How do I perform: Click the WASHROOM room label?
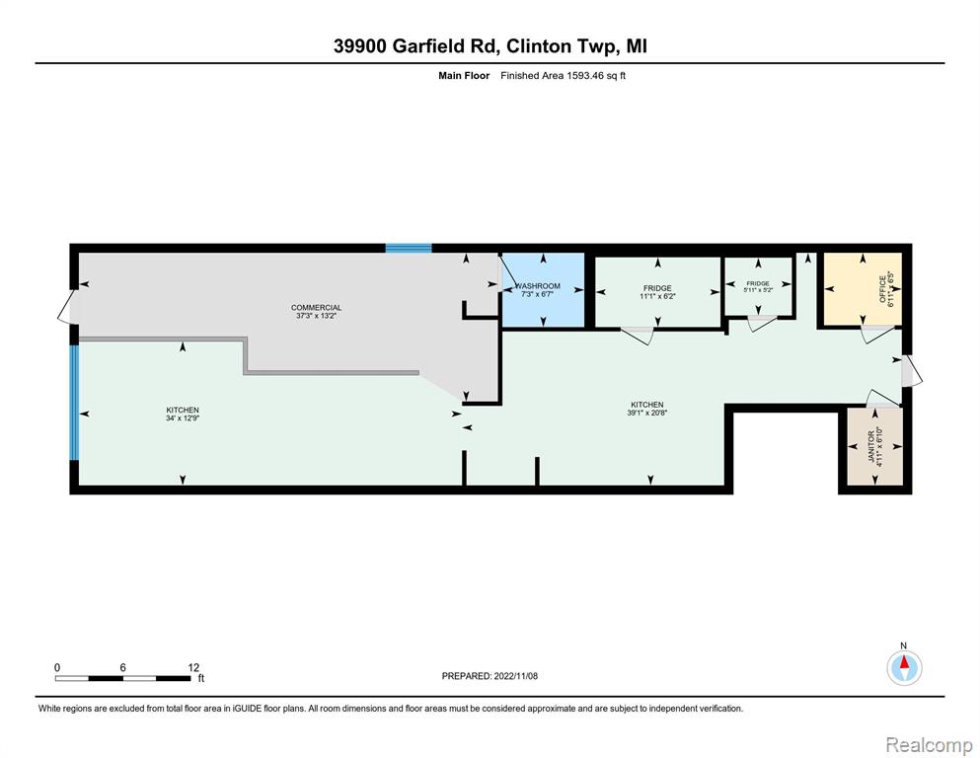pyautogui.click(x=538, y=285)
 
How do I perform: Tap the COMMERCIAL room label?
pyautogui.click(x=316, y=308)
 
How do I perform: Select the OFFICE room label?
pyautogui.click(x=882, y=289)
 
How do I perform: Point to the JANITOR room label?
pyautogui.click(x=871, y=446)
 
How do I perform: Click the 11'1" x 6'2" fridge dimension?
pyautogui.click(x=657, y=296)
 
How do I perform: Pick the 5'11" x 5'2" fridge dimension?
pyautogui.click(x=758, y=290)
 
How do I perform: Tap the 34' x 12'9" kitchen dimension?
pyautogui.click(x=183, y=418)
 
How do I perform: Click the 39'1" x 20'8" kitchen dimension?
pyautogui.click(x=646, y=413)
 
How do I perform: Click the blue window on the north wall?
pyautogui.click(x=409, y=248)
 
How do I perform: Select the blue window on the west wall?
pyautogui.click(x=74, y=403)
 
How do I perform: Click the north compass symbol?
pyautogui.click(x=904, y=667)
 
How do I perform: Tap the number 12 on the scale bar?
pyautogui.click(x=193, y=667)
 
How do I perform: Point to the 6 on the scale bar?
pyautogui.click(x=122, y=667)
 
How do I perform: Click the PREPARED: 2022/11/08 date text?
pyautogui.click(x=490, y=676)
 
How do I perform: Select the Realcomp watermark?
pyautogui.click(x=929, y=744)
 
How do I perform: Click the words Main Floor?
pyautogui.click(x=464, y=76)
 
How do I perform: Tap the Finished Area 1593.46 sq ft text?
pyautogui.click(x=564, y=76)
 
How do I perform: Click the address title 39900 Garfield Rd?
pyautogui.click(x=416, y=46)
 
